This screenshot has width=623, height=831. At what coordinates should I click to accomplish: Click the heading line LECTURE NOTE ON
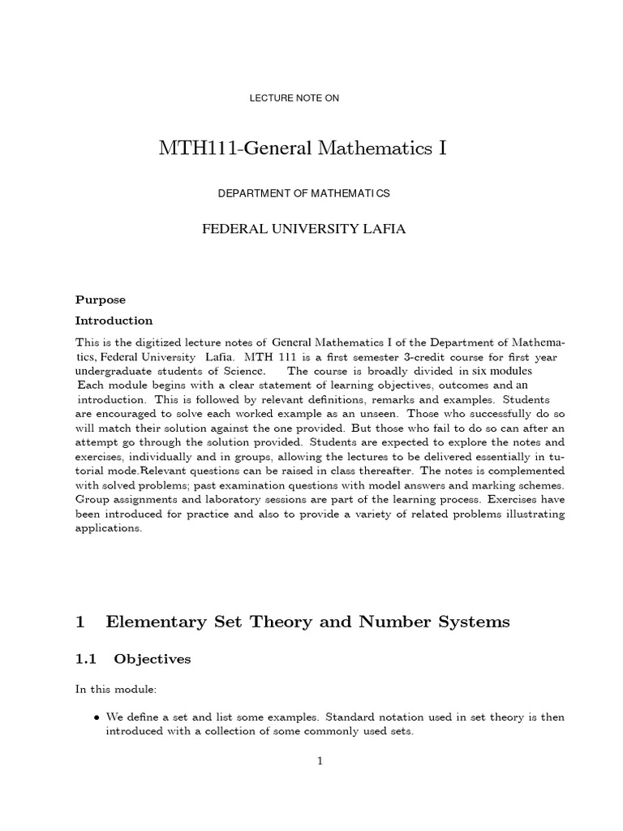294,98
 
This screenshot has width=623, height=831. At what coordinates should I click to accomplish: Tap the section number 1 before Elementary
80,622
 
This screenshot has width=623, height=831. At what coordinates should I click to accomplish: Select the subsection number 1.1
86,660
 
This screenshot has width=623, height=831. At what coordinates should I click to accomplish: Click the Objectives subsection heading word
153,660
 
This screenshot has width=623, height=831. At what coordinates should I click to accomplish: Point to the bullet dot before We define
97,717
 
